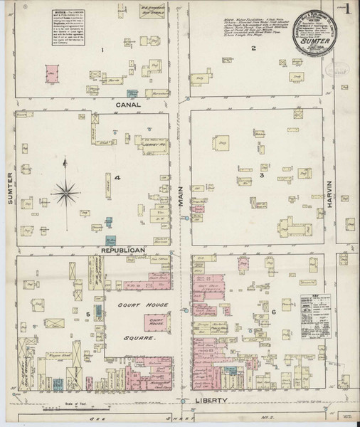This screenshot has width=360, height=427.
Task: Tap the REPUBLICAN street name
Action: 123,251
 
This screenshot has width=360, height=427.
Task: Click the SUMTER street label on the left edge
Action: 11,188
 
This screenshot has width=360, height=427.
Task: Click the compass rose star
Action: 65,189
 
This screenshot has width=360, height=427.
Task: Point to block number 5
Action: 89,313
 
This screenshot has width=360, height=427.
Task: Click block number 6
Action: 272,312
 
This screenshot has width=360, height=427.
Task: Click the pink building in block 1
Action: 52,73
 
